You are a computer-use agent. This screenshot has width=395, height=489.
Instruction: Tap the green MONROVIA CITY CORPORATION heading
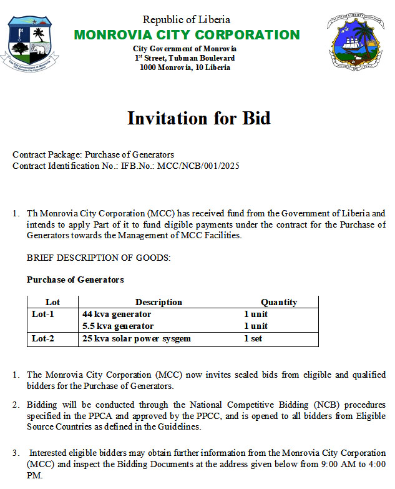pyautogui.click(x=187, y=35)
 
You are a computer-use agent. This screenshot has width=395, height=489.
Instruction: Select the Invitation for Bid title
pyautogui.click(x=199, y=118)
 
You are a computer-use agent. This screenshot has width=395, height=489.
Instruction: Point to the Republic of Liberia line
pyautogui.click(x=186, y=20)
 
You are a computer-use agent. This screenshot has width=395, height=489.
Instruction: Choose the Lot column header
pyautogui.click(x=53, y=302)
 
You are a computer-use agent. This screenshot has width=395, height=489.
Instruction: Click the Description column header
pyautogui.click(x=158, y=302)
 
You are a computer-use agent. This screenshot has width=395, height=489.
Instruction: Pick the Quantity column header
pyautogui.click(x=279, y=302)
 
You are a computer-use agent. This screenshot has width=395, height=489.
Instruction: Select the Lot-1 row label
pyautogui.click(x=43, y=314)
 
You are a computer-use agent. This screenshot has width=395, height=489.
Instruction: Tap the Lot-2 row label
pyautogui.click(x=43, y=339)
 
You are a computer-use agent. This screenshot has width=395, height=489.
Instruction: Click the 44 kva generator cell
pyautogui.click(x=117, y=314)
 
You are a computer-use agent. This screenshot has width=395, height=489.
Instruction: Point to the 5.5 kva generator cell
pyautogui.click(x=118, y=326)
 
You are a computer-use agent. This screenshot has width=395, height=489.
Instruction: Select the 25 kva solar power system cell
pyautogui.click(x=136, y=339)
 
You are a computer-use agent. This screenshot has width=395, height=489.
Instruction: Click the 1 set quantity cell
pyautogui.click(x=253, y=339)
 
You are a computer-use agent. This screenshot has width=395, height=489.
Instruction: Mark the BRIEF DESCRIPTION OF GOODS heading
pyautogui.click(x=99, y=258)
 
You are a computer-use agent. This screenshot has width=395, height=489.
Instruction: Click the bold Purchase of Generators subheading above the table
pyautogui.click(x=76, y=280)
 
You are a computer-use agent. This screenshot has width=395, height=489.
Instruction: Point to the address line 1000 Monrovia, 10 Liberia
pyautogui.click(x=185, y=68)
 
